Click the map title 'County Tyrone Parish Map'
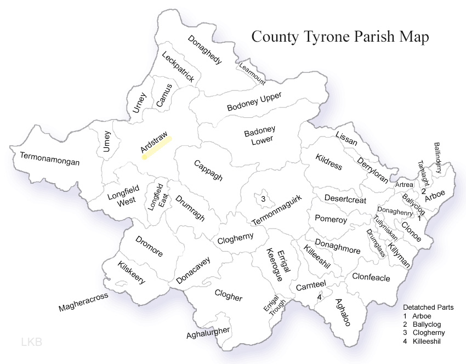point(340,37)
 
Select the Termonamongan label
point(50,159)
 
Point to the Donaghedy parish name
point(204,50)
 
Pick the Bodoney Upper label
point(254,102)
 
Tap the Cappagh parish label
point(208,170)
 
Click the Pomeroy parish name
point(331,219)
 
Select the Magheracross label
point(83,302)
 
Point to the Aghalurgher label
point(208,333)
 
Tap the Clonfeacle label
point(371,277)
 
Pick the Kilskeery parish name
point(132,272)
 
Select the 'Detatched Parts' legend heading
point(428,308)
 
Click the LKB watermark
point(31,343)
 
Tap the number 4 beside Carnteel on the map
point(319,297)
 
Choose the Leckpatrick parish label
point(178,67)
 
